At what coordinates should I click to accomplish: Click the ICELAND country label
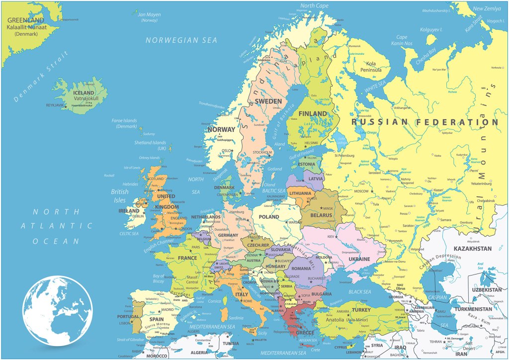tap(84, 93)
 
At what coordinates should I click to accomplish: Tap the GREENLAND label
tap(25, 20)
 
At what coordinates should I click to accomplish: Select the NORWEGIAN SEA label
tap(181, 40)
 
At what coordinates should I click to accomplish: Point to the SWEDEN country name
tap(268, 101)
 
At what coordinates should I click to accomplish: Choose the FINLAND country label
tap(313, 114)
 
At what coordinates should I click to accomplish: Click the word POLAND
tap(269, 217)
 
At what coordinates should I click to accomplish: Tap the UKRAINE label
tap(359, 259)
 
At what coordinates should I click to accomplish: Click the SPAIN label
tap(157, 319)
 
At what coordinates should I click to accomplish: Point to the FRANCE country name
tap(187, 258)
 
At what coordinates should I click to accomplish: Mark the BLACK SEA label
tap(360, 292)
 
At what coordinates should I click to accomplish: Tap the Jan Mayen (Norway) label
tap(150, 17)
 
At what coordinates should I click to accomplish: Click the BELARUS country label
tap(321, 215)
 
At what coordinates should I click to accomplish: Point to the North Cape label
tap(314, 5)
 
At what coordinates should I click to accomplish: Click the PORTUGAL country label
tap(128, 316)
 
